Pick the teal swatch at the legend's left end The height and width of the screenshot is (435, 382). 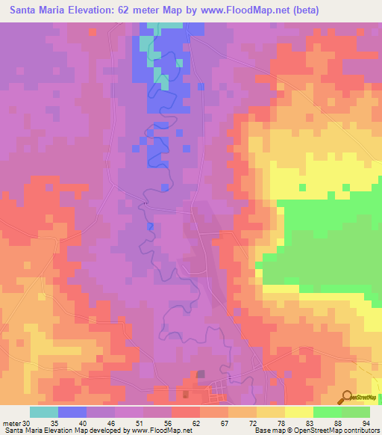[x=44, y=412]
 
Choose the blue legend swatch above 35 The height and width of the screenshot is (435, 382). [x=72, y=412]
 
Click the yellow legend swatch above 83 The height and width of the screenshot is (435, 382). [x=298, y=412]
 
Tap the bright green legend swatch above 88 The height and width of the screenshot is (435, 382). [x=327, y=412]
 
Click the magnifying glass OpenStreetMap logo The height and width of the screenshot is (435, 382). [x=346, y=399]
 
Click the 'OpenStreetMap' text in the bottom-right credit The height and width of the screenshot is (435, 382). [x=313, y=431]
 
